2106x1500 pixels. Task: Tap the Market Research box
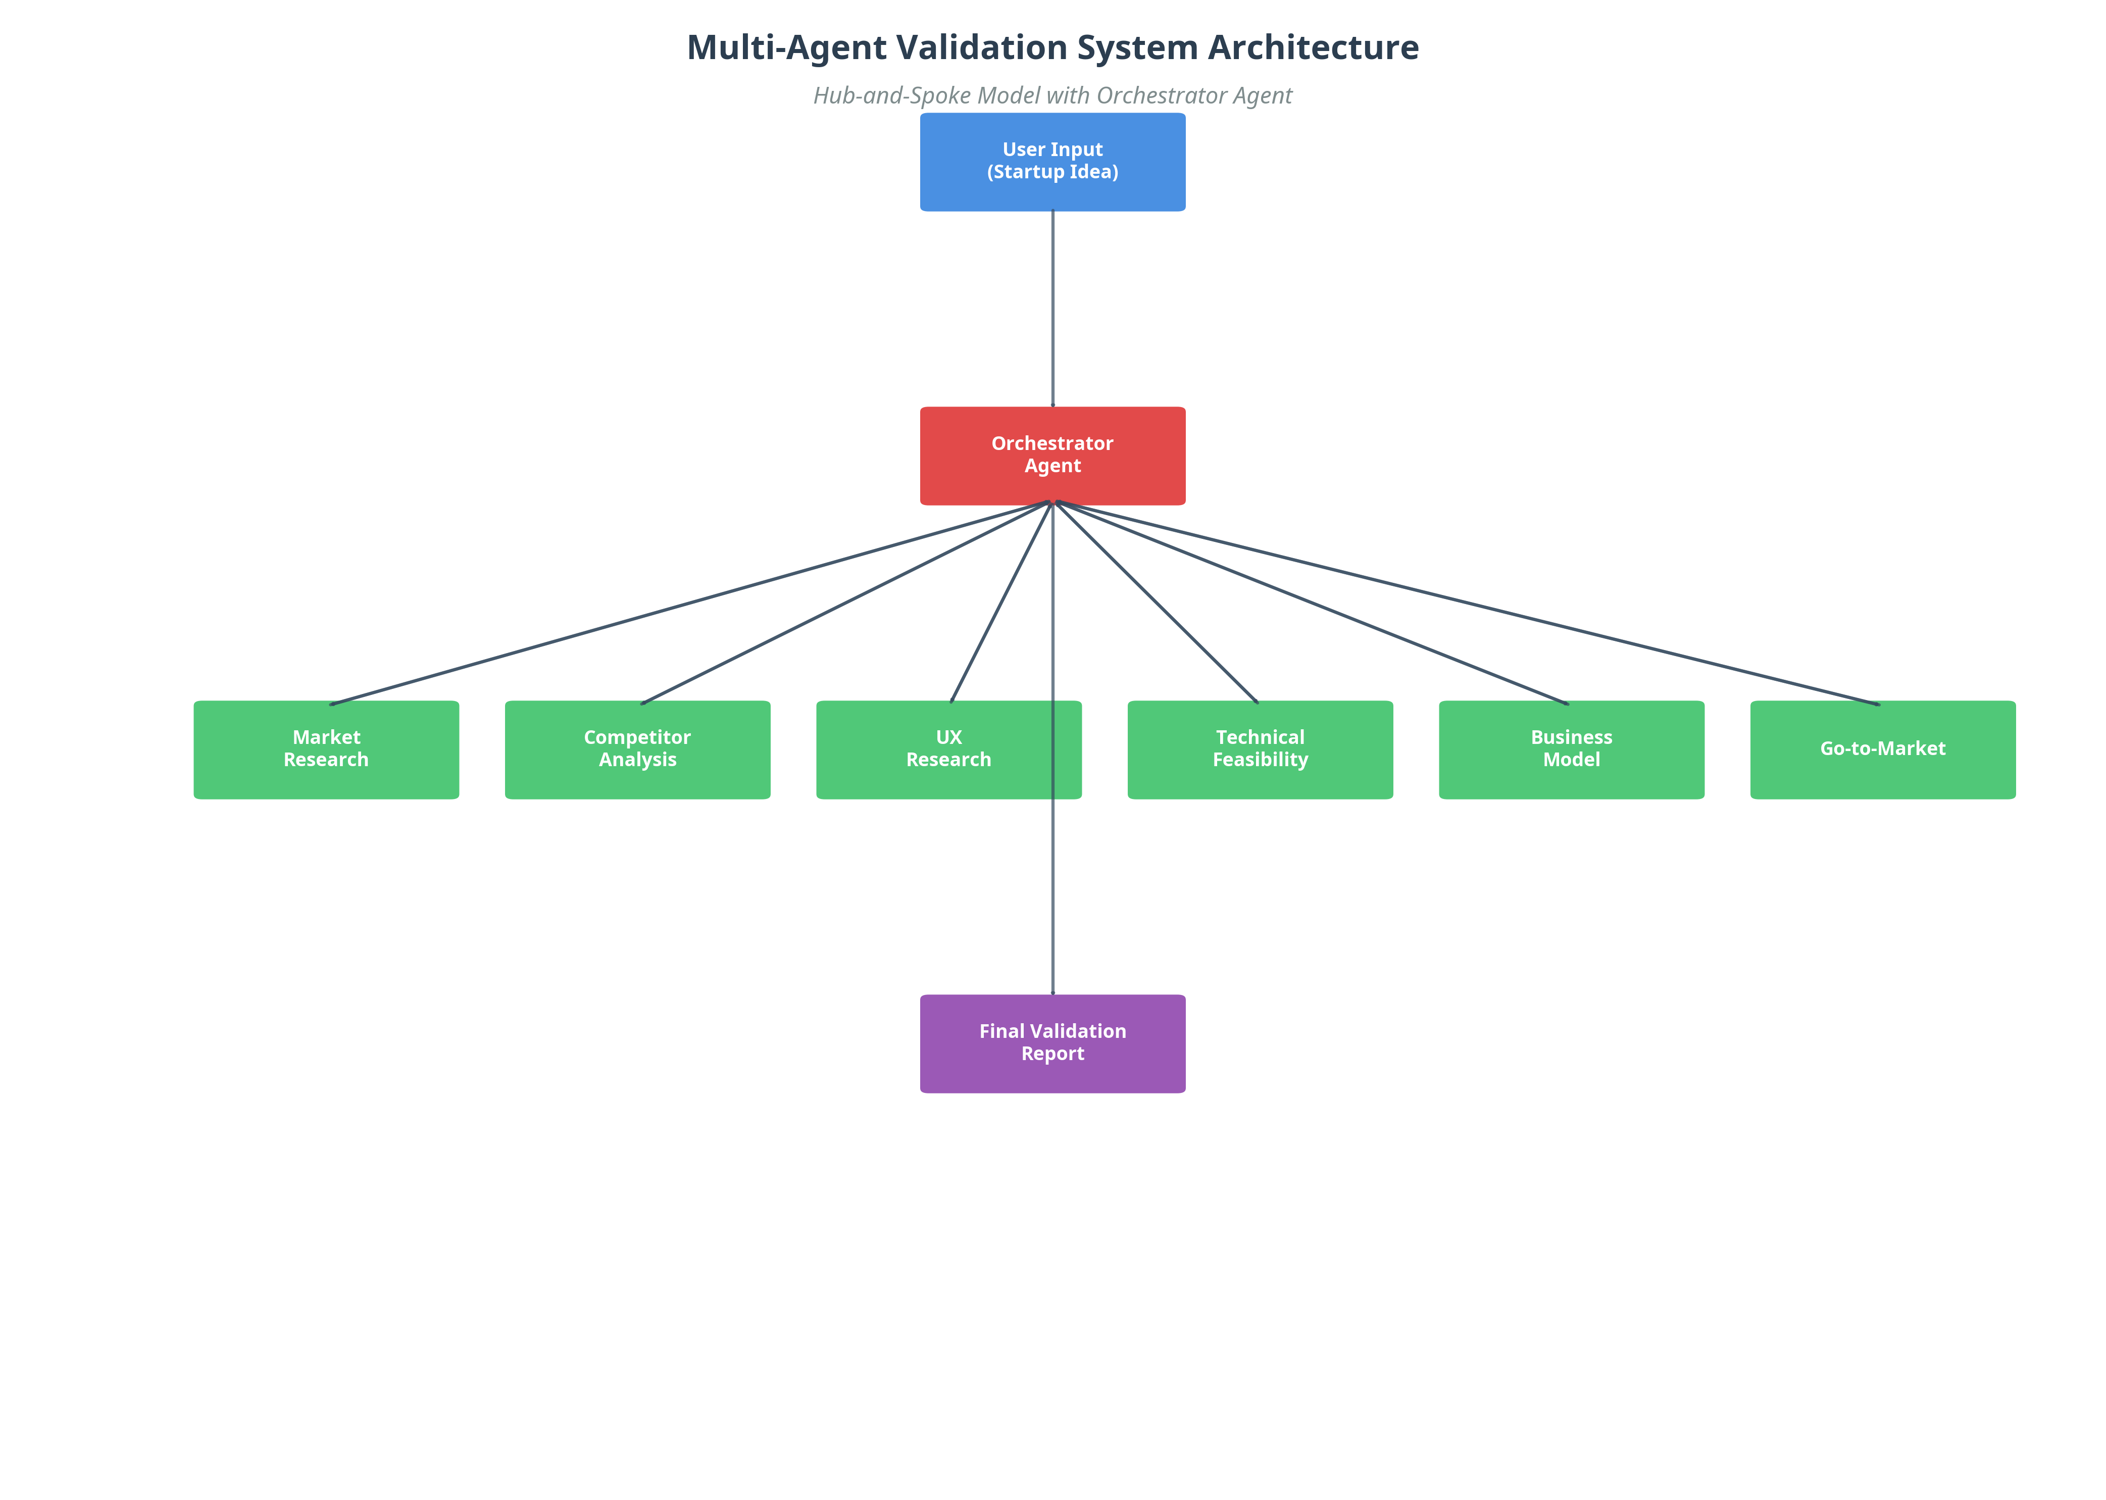pyautogui.click(x=326, y=749)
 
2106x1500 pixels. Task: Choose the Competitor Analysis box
pyautogui.click(x=637, y=749)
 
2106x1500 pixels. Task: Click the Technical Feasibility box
pyautogui.click(x=1260, y=749)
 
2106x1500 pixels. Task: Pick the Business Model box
pyautogui.click(x=1571, y=749)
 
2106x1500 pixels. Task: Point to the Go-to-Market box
pyautogui.click(x=1882, y=749)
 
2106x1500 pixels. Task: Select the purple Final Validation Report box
pyautogui.click(x=1052, y=1044)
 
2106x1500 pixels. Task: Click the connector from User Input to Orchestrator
pyautogui.click(x=1052, y=310)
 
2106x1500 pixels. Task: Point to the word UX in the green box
pyautogui.click(x=948, y=737)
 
